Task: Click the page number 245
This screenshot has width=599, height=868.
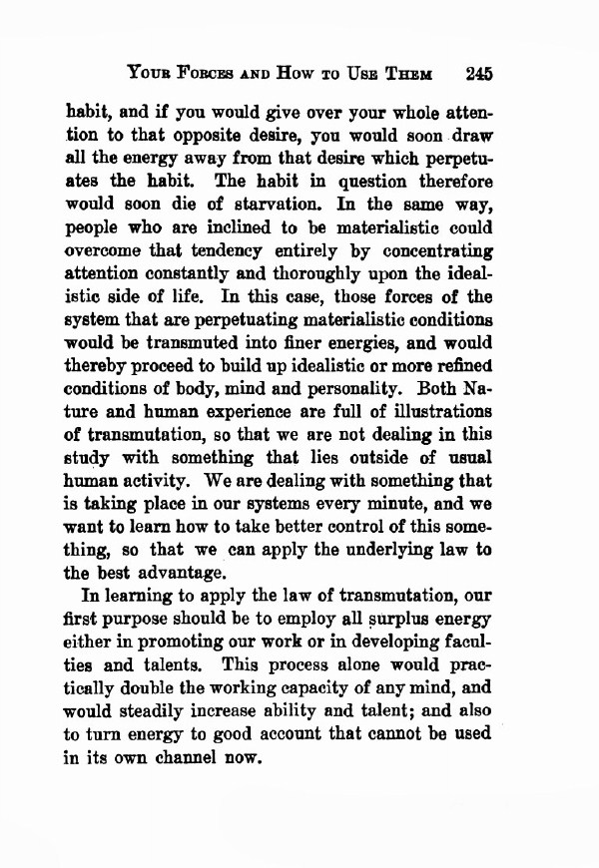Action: pyautogui.click(x=479, y=74)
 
